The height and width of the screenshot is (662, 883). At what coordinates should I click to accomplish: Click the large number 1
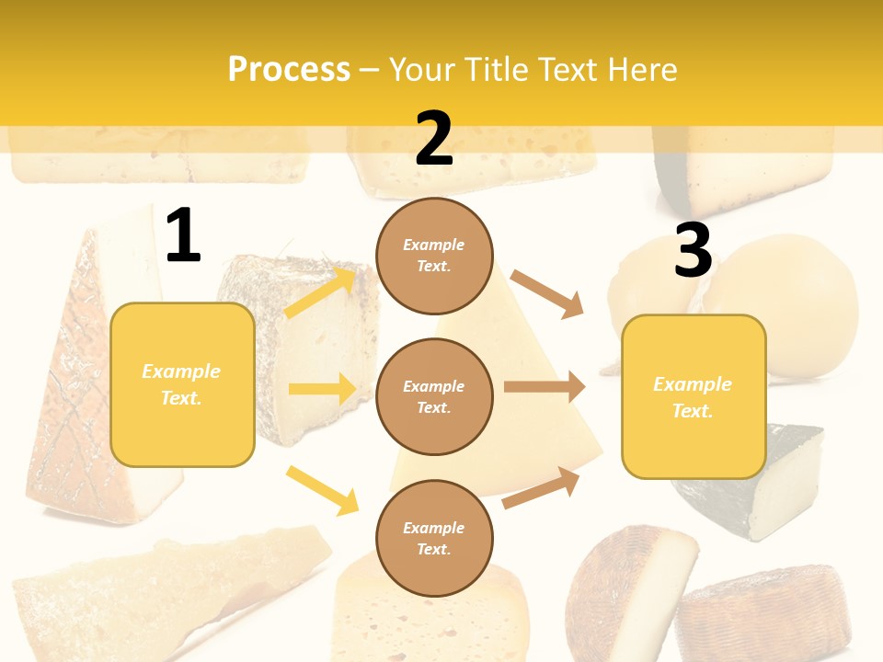183,236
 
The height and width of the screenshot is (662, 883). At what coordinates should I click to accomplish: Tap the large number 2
434,139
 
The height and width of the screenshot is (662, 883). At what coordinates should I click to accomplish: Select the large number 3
693,250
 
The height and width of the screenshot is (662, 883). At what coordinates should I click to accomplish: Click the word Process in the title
289,69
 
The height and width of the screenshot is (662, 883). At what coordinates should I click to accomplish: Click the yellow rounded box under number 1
182,384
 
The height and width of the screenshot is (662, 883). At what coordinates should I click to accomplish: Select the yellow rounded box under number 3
694,396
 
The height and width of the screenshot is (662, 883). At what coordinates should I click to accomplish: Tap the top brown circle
434,256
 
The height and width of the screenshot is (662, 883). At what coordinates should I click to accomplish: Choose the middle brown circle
434,396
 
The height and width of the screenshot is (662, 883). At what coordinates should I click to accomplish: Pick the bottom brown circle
434,538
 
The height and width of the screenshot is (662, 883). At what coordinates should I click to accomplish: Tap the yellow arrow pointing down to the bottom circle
323,490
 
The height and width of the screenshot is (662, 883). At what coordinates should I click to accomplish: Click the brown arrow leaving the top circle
547,293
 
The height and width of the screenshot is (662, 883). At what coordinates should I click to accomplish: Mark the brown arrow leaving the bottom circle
542,487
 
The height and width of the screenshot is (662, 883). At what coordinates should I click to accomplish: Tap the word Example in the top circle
434,245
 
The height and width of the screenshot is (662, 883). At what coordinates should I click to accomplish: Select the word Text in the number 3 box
692,411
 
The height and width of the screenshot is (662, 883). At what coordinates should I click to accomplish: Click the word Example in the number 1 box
181,371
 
